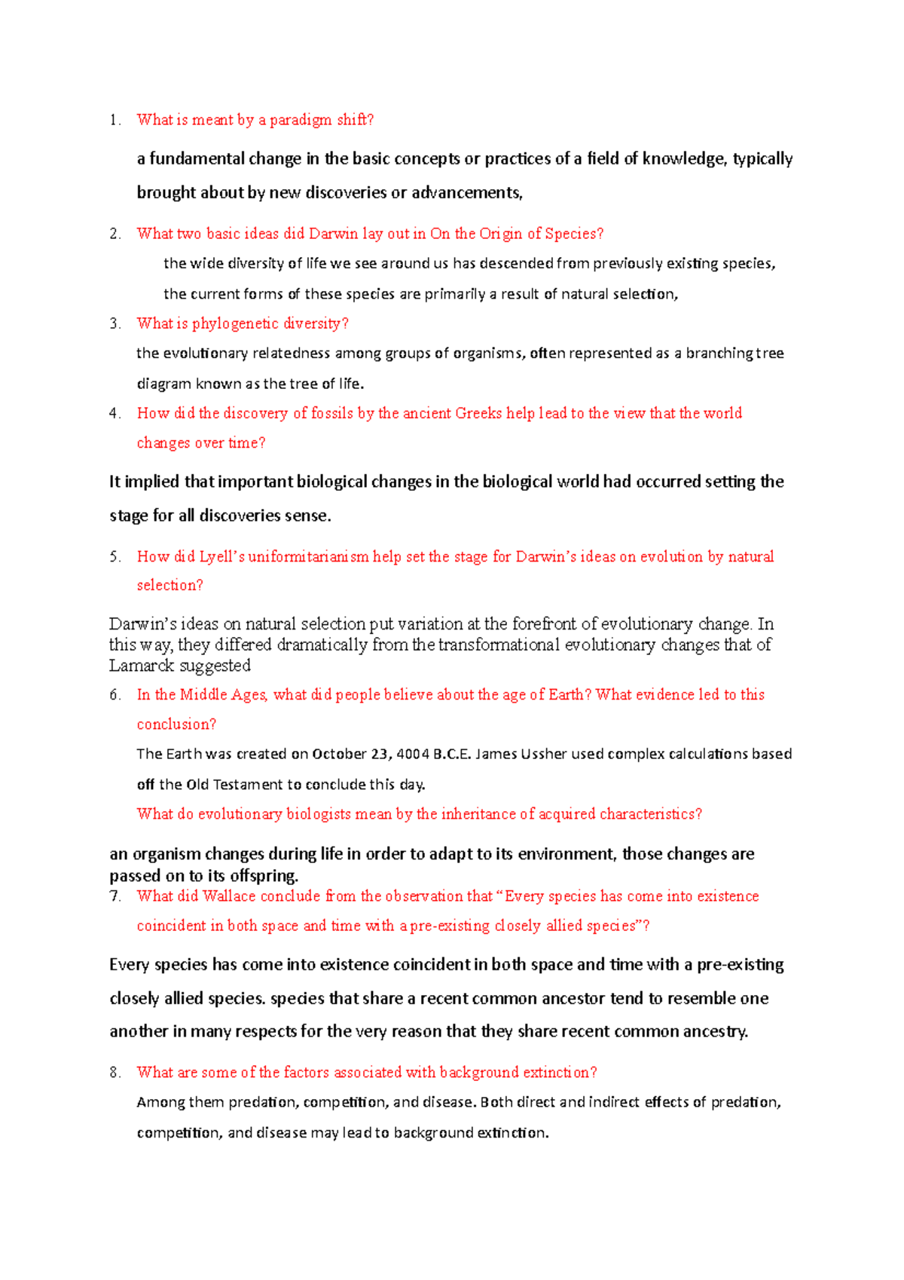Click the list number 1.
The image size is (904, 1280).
click(114, 120)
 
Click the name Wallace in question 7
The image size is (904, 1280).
click(229, 896)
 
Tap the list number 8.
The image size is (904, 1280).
click(115, 1073)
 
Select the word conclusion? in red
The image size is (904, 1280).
click(176, 724)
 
